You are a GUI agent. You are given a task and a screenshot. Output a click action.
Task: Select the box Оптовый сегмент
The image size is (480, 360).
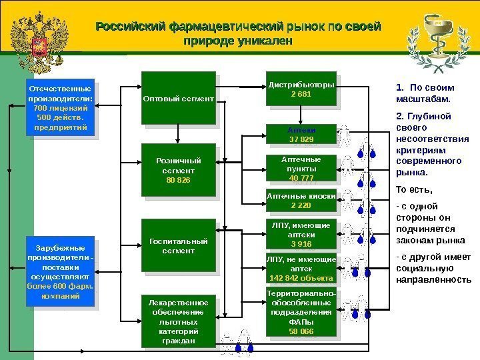point(178,99)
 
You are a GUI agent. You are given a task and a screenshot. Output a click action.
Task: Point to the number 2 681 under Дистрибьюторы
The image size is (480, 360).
point(301,94)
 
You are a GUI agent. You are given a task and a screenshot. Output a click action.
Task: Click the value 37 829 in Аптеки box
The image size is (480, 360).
point(301,139)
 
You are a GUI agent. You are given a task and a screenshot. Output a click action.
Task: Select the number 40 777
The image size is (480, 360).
point(301,177)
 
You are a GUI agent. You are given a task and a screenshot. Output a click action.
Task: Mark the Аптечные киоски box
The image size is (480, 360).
point(301,201)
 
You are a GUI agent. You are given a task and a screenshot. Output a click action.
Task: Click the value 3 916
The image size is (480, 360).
point(301,243)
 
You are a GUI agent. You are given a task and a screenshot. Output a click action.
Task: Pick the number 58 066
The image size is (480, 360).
point(301,331)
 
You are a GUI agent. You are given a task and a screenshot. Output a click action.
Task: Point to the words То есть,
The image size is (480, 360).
point(413,188)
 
